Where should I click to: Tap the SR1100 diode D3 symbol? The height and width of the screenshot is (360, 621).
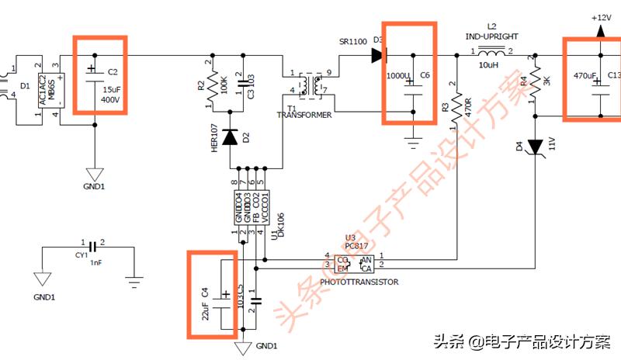pos(378,55)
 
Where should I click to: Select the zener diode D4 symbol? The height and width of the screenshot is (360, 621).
pos(535,146)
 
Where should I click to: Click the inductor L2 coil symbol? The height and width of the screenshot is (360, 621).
pos(491,54)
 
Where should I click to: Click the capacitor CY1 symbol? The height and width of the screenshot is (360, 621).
pos(92,247)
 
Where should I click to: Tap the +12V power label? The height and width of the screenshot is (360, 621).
pos(602,16)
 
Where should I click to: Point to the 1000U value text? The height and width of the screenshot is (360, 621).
pos(397,75)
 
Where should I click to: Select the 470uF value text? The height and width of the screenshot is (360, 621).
pos(585,76)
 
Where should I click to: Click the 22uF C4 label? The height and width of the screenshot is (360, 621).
pos(206,302)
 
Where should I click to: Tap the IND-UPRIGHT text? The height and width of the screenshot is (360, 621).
pos(491,36)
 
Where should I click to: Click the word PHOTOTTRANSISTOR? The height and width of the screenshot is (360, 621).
pos(363,282)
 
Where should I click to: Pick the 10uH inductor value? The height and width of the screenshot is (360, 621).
pos(489,65)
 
